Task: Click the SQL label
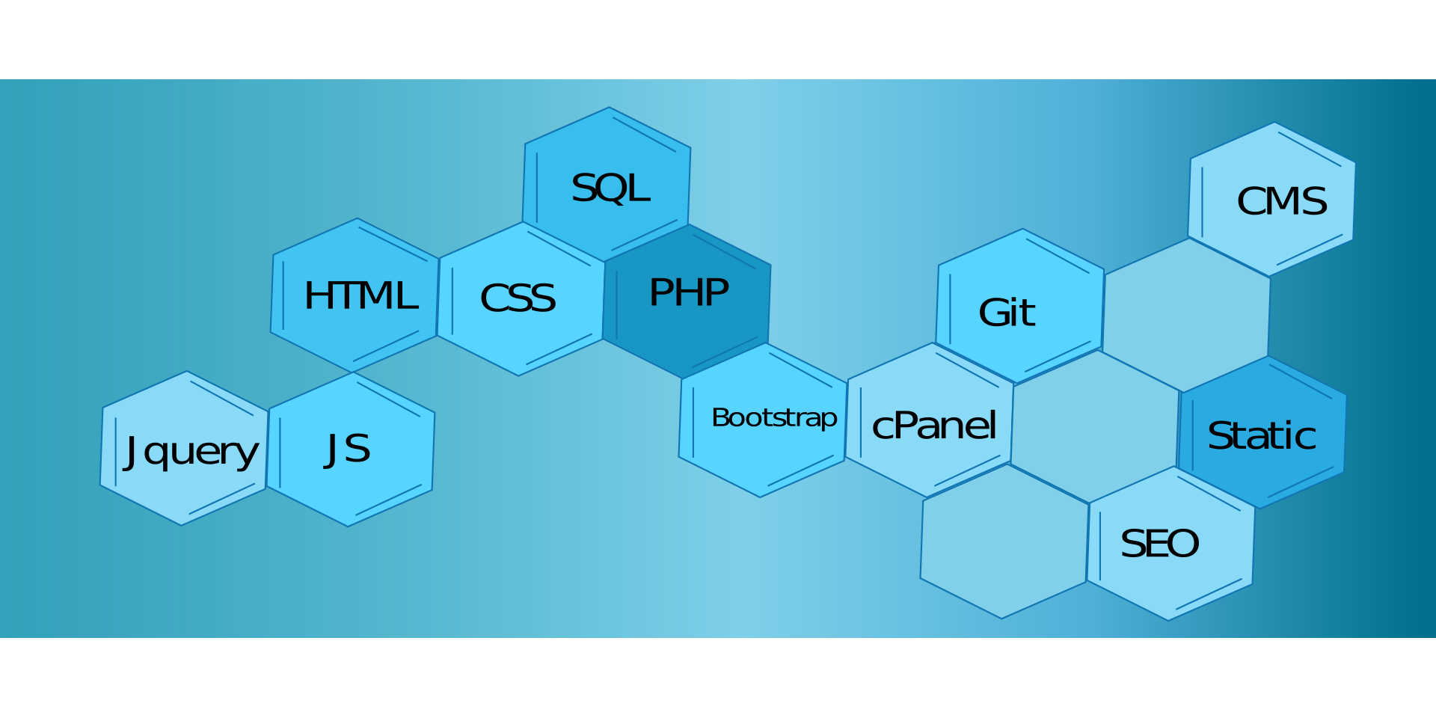(x=610, y=188)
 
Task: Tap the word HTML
(x=360, y=295)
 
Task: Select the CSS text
(x=518, y=298)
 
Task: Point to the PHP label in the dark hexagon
(x=689, y=292)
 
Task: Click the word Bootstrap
(x=774, y=417)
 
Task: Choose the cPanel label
(x=934, y=426)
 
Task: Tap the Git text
(x=1007, y=313)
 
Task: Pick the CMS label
(x=1282, y=201)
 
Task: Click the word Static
(x=1262, y=436)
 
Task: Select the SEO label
(x=1159, y=544)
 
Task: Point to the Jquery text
(x=191, y=451)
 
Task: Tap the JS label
(x=348, y=449)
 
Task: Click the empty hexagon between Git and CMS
(x=1187, y=314)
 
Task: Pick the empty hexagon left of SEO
(x=1004, y=541)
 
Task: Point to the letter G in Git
(x=994, y=313)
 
